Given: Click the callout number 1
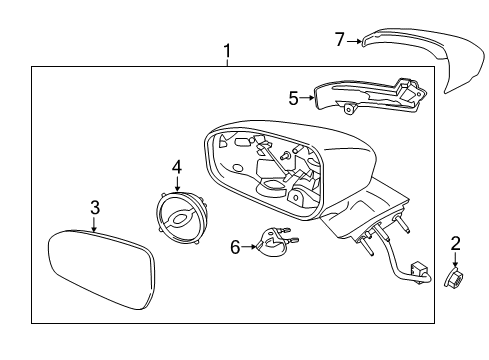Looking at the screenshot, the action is [227, 51].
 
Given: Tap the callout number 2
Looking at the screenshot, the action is [455, 243].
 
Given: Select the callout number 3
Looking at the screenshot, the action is [95, 207].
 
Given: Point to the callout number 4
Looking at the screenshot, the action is [177, 167].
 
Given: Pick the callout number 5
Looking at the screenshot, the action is [293, 98].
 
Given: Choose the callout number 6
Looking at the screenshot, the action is [235, 247].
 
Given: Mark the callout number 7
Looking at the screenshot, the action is [340, 39].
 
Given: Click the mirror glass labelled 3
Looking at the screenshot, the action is [102, 270].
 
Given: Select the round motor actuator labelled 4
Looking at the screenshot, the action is [182, 218].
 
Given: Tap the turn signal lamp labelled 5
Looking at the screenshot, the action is [370, 96].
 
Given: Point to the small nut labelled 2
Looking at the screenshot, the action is [453, 277].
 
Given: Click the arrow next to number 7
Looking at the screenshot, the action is [354, 41].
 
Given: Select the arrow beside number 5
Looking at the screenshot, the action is [307, 97].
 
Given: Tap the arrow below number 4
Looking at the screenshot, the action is [177, 184].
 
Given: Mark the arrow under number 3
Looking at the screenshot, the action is [94, 224].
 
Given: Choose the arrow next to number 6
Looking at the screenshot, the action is [249, 247].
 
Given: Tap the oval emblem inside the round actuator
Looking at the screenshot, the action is [180, 219].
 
